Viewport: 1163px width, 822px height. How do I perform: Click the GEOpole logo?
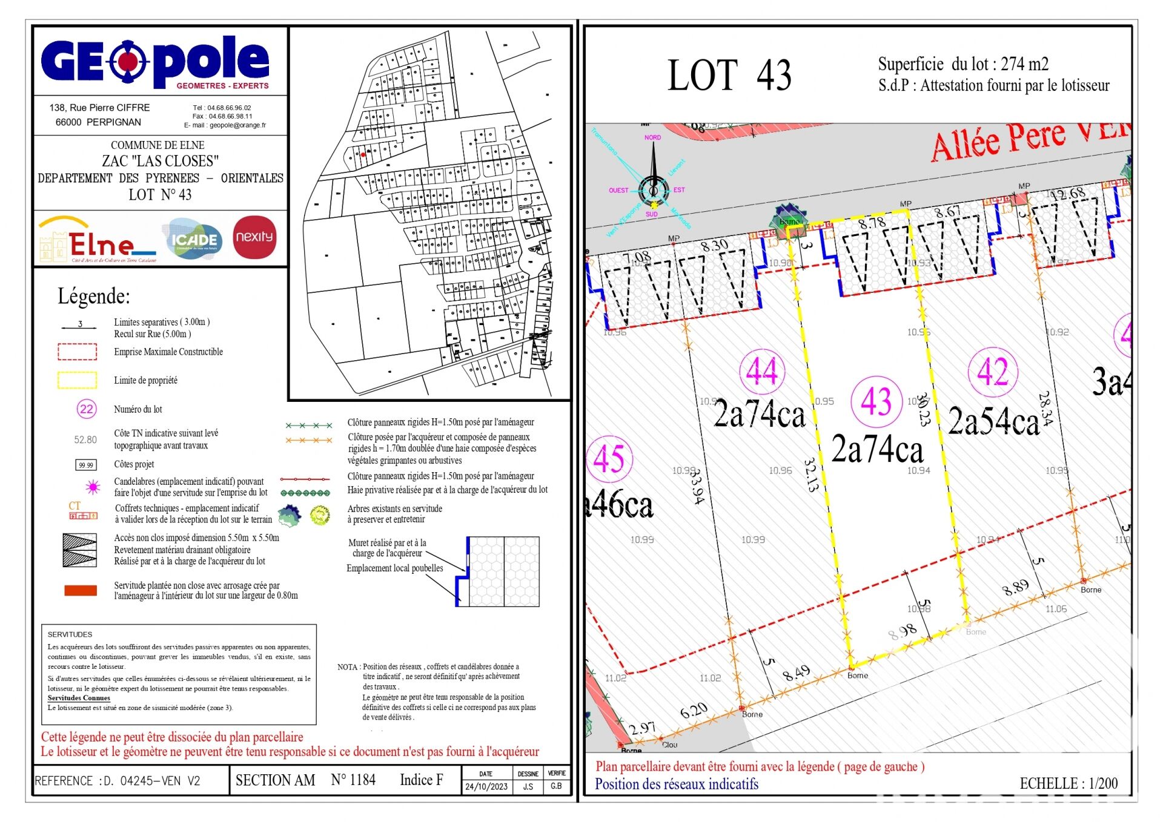tap(155, 61)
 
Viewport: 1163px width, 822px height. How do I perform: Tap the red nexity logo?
tap(254, 237)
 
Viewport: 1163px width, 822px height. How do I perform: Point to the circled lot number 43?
tap(876, 401)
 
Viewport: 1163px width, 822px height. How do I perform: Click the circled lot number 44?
tap(762, 371)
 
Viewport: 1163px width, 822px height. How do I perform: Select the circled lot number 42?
tap(992, 371)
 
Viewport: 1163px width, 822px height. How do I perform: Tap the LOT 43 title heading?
tap(729, 76)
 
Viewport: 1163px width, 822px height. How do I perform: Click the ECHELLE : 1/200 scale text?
tap(1069, 783)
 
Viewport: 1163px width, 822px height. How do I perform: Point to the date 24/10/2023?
tap(486, 786)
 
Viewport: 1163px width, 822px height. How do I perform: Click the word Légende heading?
tap(94, 297)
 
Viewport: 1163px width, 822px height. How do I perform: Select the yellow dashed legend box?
tap(77, 380)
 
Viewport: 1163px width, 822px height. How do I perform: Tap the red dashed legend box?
tap(77, 352)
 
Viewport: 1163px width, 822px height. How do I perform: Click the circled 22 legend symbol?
tap(87, 409)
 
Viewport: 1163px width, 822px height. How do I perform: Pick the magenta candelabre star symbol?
tap(93, 487)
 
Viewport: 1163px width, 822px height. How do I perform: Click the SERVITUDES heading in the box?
tap(70, 634)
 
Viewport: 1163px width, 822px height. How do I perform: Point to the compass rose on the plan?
tap(653, 189)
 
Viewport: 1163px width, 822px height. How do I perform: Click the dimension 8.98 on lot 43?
tap(903, 631)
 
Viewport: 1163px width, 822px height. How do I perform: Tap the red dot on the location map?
tap(363, 154)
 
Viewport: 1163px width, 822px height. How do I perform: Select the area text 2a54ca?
tap(993, 421)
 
